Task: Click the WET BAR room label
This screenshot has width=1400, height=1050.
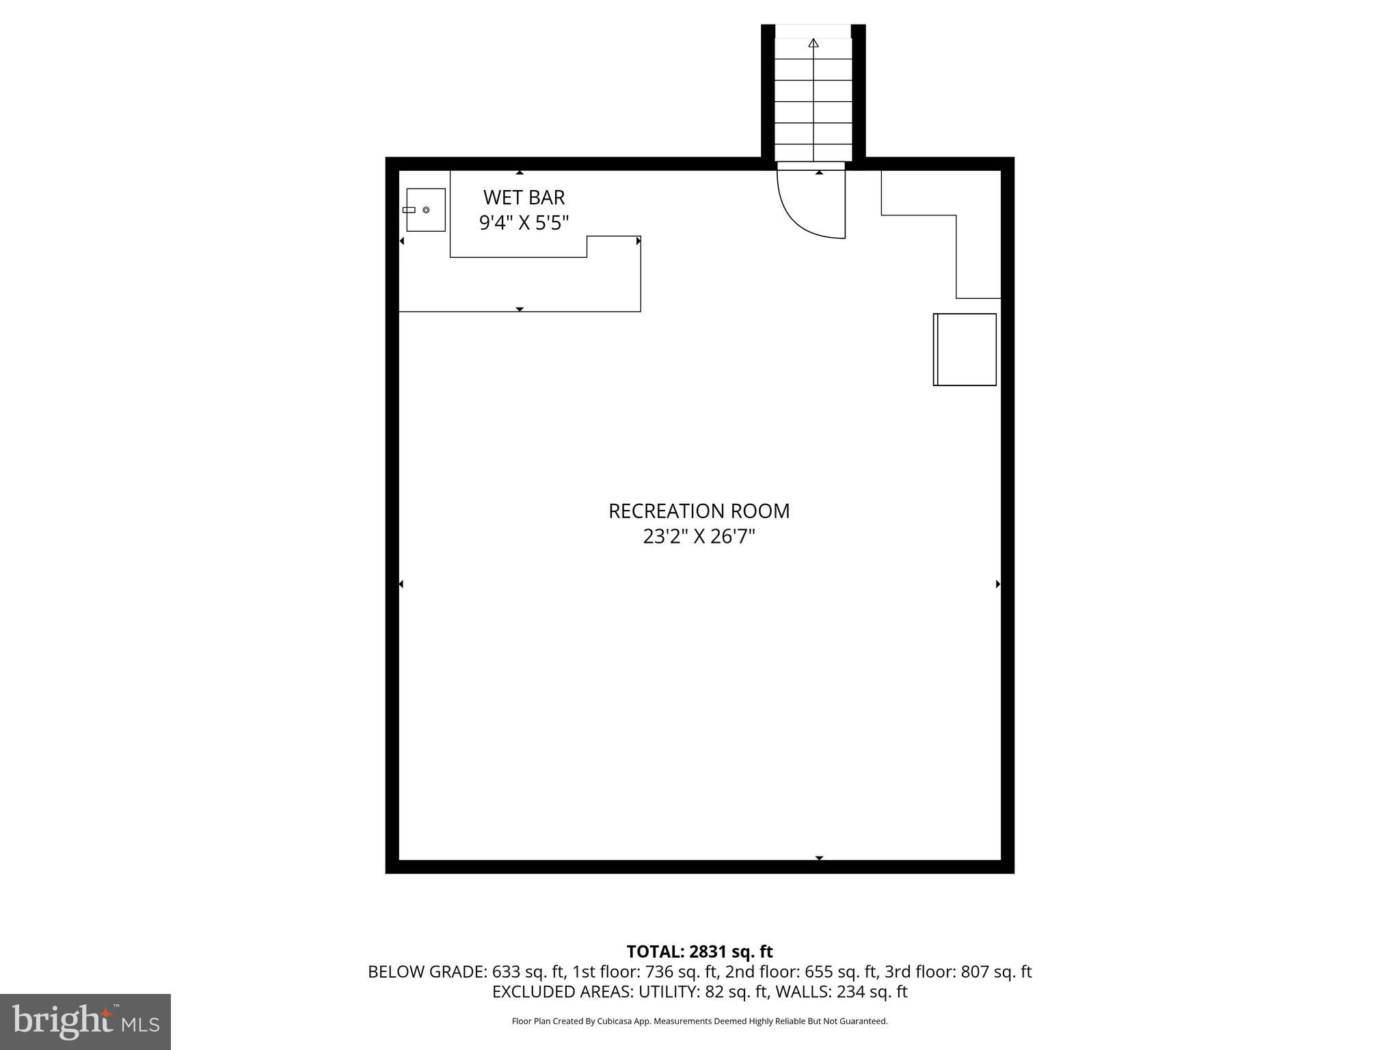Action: point(524,198)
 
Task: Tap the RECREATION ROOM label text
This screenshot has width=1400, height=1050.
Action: point(699,511)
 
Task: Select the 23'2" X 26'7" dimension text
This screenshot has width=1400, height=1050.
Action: point(699,537)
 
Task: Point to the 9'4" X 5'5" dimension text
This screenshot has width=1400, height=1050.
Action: point(524,223)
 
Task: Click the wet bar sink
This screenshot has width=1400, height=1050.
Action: point(425,210)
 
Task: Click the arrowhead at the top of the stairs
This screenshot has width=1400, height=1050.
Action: point(813,43)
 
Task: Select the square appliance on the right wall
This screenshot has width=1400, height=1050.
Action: point(965,349)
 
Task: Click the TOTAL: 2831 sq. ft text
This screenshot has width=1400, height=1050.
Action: point(699,952)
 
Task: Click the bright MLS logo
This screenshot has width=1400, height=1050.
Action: point(85,1022)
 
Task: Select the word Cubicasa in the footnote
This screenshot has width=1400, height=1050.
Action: point(613,1021)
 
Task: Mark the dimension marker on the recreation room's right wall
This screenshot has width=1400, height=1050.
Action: point(998,584)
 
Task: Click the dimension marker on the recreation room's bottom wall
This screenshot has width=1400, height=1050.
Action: point(819,858)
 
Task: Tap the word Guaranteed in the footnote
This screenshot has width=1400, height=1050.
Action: point(865,1021)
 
